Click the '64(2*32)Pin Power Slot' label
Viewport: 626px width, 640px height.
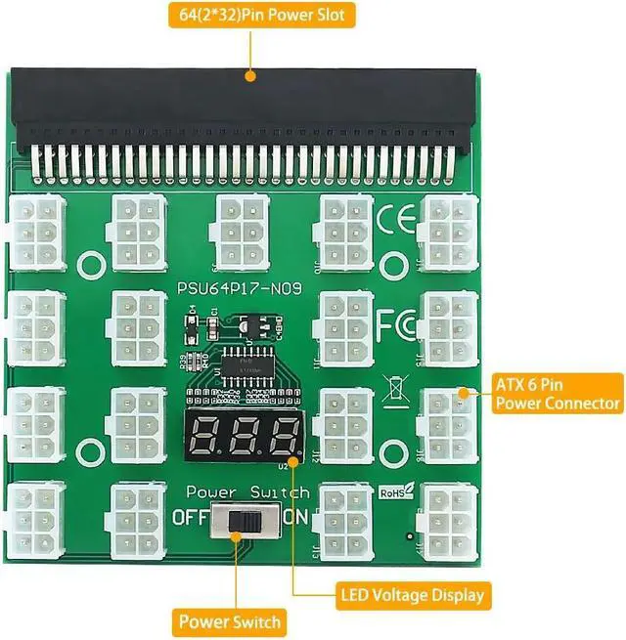(x=249, y=15)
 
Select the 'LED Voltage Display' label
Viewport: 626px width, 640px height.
(x=412, y=593)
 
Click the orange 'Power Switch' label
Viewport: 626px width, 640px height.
(x=230, y=621)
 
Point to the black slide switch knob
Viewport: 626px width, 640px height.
(x=237, y=521)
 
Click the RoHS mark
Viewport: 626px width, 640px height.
(x=394, y=494)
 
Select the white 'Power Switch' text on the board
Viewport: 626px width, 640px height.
(x=247, y=492)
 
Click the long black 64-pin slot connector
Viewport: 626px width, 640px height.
(x=249, y=107)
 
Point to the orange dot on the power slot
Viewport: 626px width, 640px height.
(x=249, y=75)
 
